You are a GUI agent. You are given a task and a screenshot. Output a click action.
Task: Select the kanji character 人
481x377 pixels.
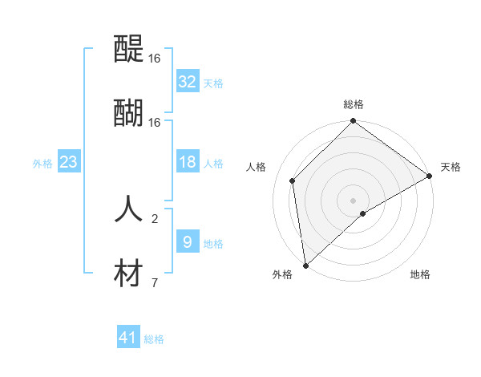(129, 209)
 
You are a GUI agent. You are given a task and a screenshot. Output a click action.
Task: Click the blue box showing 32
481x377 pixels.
(188, 82)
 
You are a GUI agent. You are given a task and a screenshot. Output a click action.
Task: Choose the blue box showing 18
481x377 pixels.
(188, 162)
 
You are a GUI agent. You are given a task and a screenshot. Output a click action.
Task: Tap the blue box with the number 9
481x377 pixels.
(188, 241)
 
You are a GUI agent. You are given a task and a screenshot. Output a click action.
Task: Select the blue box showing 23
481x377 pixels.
(69, 162)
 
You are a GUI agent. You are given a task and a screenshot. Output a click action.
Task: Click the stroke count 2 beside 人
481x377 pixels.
(155, 218)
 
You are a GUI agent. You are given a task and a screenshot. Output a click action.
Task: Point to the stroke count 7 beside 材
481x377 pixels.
(155, 282)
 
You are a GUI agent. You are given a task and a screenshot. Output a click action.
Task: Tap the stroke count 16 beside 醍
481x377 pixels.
(155, 59)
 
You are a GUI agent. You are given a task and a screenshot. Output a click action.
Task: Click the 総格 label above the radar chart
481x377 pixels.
(354, 104)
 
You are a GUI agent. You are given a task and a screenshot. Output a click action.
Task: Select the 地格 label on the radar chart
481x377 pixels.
(420, 275)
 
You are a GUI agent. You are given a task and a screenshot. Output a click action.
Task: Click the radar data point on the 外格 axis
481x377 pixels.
(305, 265)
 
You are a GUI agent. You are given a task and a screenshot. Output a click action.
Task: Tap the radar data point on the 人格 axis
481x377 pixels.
(293, 180)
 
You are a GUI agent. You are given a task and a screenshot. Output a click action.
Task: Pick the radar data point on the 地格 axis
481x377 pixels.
(363, 213)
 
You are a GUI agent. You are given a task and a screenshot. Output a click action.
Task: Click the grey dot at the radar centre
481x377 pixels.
(354, 200)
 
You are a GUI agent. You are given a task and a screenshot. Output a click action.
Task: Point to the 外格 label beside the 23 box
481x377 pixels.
(42, 163)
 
